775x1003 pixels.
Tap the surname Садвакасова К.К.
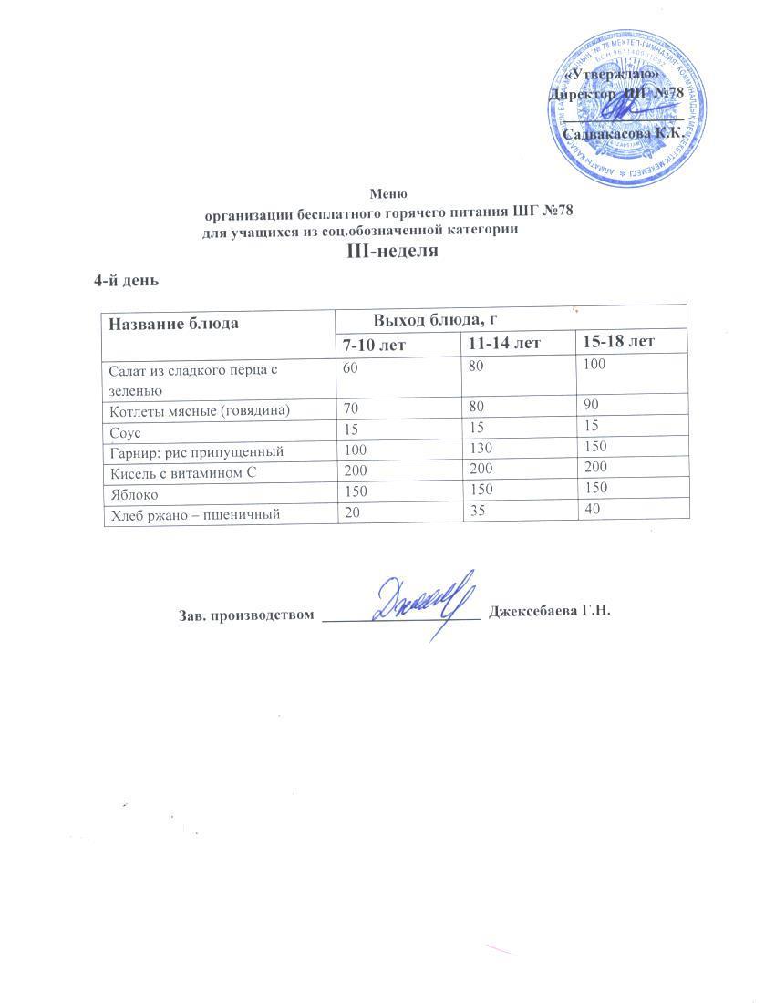click(624, 133)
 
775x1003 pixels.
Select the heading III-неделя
click(388, 251)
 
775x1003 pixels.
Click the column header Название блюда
click(174, 323)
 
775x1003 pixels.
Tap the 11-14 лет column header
click(503, 343)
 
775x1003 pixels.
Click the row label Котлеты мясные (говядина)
click(199, 410)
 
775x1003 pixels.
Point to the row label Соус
click(124, 430)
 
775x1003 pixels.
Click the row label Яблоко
click(133, 495)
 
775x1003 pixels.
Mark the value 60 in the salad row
click(351, 367)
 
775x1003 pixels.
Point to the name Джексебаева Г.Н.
click(549, 611)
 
